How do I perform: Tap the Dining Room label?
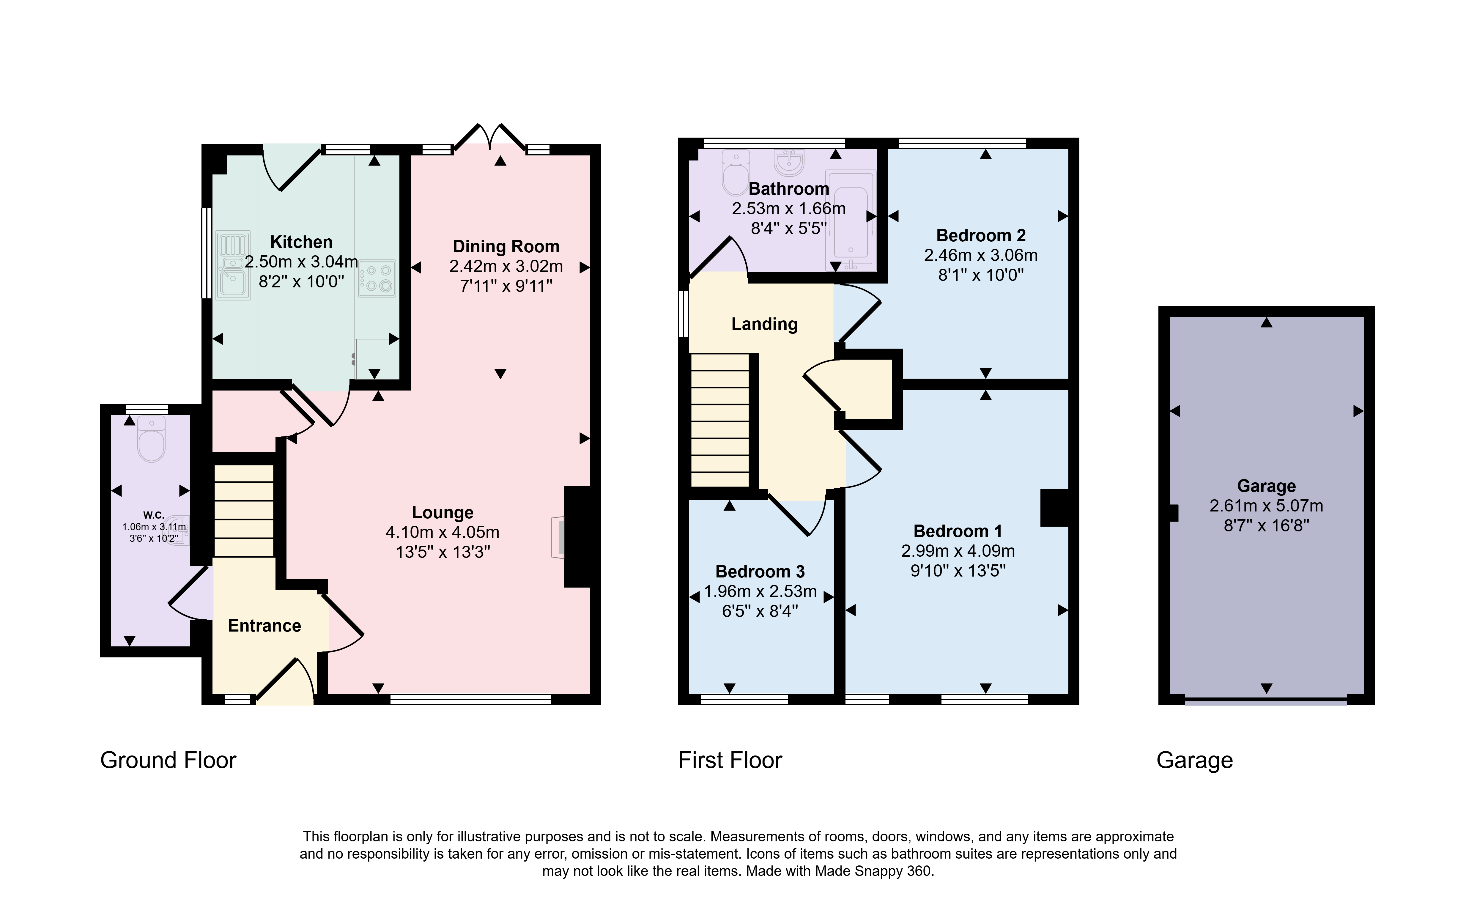point(506,246)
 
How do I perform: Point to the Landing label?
point(764,324)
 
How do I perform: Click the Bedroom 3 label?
point(760,572)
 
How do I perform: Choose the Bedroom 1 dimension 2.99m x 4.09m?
point(958,551)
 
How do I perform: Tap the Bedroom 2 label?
point(981,236)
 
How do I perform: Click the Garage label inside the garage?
point(1266,486)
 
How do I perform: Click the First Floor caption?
point(730,761)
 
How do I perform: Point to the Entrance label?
point(264,626)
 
